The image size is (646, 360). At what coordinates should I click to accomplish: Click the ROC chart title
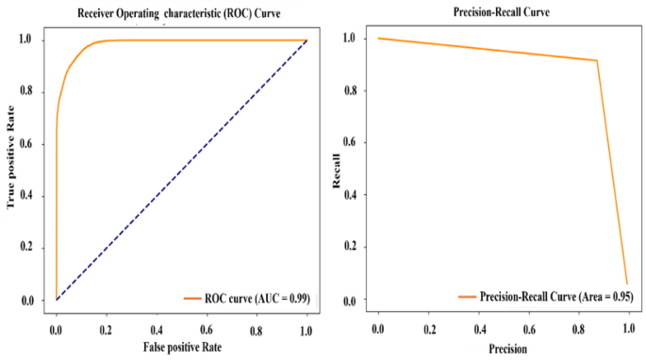pyautogui.click(x=179, y=12)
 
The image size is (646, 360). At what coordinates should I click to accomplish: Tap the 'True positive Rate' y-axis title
pyautogui.click(x=12, y=166)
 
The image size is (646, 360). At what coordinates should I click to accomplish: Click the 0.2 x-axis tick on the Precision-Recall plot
pyautogui.click(x=430, y=327)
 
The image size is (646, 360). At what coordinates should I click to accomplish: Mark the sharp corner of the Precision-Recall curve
pyautogui.click(x=597, y=61)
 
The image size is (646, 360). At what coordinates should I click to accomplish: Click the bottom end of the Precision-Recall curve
pyautogui.click(x=626, y=284)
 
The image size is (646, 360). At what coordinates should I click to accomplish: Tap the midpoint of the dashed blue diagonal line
pyautogui.click(x=181, y=170)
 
